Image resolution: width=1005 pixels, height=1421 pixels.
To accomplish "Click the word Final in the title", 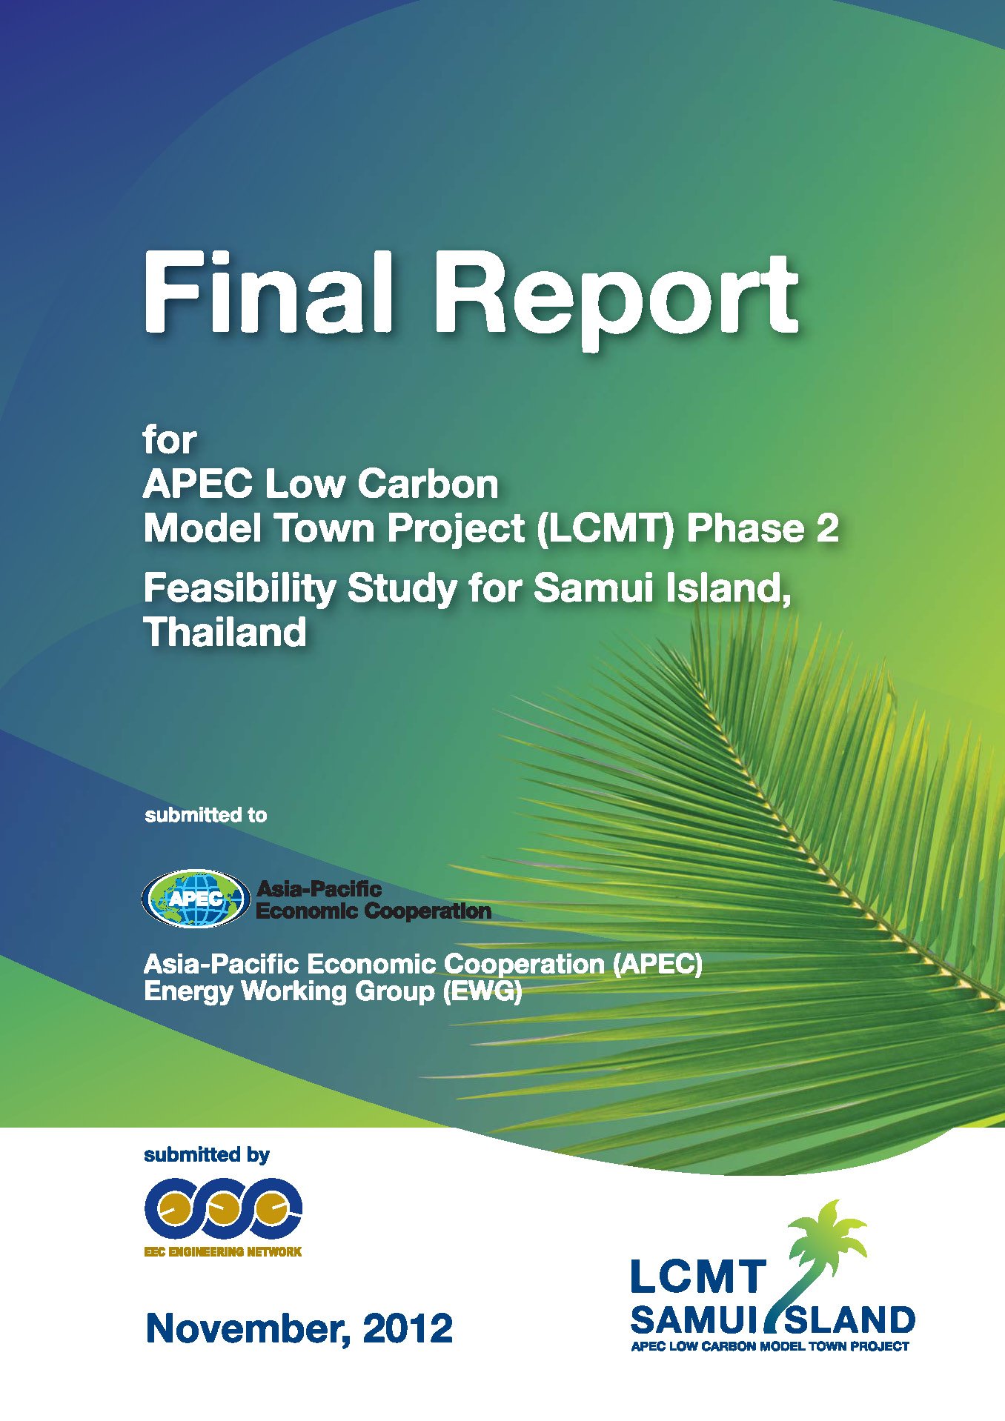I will [267, 293].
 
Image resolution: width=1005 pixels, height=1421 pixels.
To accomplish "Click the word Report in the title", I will [615, 296].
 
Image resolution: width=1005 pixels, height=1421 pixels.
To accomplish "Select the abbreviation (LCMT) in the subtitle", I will [605, 529].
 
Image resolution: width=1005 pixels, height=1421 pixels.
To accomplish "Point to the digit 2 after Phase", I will [827, 529].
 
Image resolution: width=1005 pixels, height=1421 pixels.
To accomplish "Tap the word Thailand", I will [225, 632].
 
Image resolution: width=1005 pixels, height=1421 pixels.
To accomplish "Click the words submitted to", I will [205, 815].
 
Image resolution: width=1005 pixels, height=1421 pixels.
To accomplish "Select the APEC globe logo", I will [196, 899].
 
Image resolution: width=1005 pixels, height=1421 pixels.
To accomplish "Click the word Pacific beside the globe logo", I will [343, 889].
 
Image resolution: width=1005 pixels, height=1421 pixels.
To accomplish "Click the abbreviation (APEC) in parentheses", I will [657, 964].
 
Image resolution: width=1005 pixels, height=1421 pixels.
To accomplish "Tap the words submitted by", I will [206, 1154].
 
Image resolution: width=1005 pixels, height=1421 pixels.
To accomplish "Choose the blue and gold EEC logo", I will [222, 1208].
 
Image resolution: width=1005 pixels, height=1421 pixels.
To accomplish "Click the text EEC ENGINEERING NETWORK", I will [222, 1251].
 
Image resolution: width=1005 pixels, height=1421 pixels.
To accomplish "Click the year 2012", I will [407, 1328].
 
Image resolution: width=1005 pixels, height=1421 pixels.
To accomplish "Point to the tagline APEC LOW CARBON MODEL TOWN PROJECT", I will [769, 1346].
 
